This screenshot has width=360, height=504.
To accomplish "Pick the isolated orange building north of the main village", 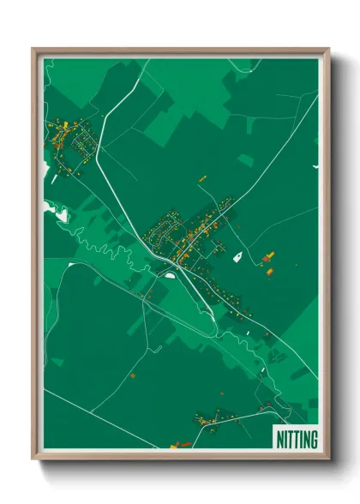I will (x=203, y=178).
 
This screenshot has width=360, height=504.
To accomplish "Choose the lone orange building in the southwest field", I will (x=133, y=375).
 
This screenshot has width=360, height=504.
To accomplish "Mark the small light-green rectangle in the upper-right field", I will (x=246, y=159).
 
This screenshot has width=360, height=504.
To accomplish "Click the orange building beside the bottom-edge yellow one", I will (x=181, y=443).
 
